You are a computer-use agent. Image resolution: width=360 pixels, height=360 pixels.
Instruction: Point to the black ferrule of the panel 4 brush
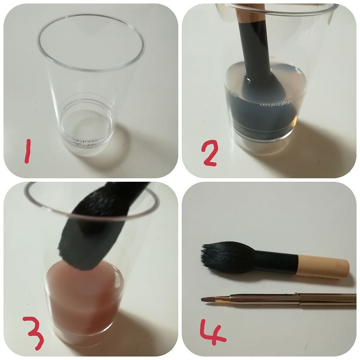[x=276, y=262]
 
